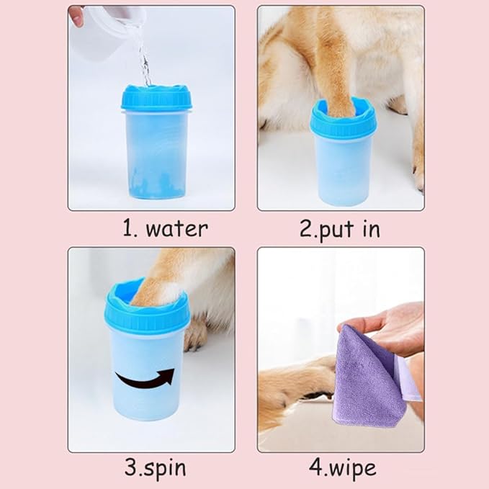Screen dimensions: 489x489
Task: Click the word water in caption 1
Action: click(176, 229)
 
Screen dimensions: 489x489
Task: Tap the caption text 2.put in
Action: click(339, 229)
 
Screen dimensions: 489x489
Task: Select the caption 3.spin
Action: click(155, 467)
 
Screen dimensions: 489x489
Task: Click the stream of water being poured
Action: click(145, 61)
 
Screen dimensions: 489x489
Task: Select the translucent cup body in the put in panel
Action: click(343, 169)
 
